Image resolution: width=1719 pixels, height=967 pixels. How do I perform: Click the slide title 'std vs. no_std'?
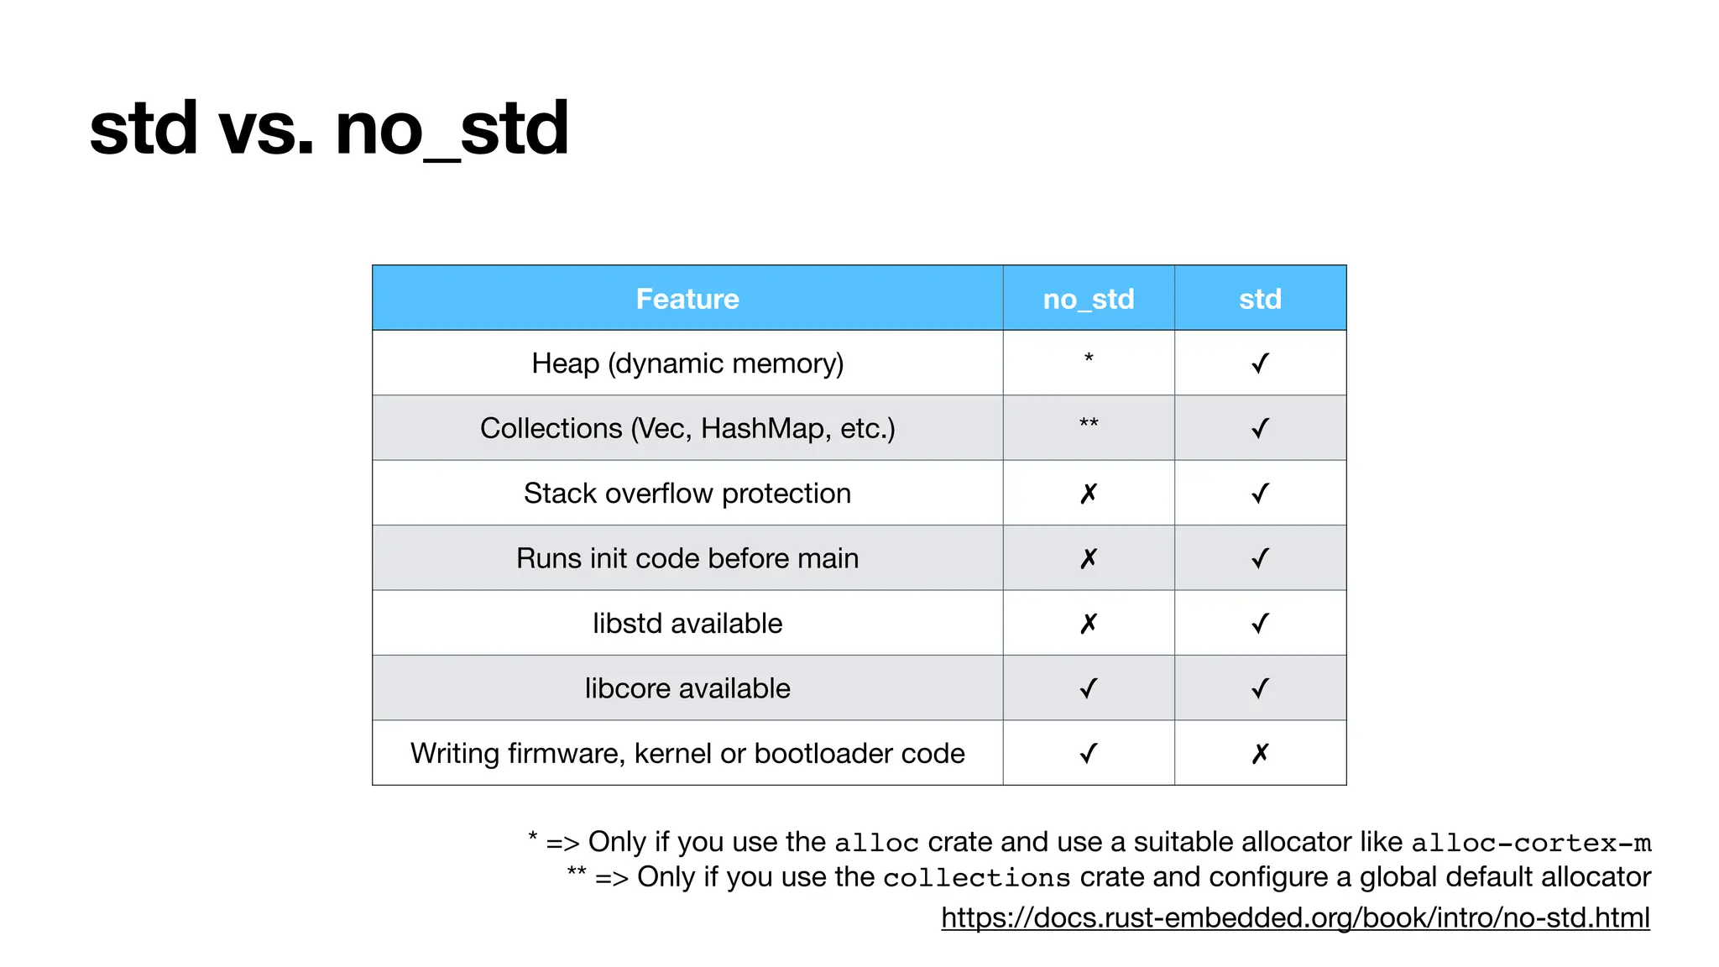pos(329,128)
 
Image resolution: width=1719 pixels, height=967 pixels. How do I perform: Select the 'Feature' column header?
pos(687,299)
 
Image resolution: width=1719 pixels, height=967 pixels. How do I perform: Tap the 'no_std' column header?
pos(1088,299)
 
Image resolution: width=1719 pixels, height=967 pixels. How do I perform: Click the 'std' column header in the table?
pos(1260,299)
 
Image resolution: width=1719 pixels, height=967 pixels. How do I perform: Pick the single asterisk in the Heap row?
pos(1089,358)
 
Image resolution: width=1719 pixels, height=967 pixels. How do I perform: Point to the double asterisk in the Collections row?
pos(1089,423)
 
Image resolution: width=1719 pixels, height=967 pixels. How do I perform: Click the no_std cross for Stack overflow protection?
pos(1089,494)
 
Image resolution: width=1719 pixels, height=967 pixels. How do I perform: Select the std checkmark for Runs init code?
pos(1260,558)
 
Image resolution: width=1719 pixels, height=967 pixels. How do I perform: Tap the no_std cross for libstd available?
pos(1089,624)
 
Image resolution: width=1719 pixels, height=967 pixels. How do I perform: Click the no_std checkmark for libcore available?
pos(1089,688)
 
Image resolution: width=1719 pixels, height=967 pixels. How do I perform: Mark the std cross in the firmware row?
pos(1260,754)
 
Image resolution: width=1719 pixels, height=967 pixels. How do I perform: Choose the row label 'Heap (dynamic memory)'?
pos(687,363)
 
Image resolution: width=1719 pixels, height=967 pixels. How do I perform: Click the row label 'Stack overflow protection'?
pos(687,494)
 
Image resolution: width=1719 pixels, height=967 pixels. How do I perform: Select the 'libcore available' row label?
pos(687,688)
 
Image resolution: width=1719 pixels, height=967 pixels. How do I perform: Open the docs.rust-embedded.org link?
pos(1295,917)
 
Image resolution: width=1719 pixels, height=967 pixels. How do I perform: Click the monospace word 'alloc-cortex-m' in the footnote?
pos(1531,843)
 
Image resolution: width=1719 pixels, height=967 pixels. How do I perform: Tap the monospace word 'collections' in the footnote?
pos(976,878)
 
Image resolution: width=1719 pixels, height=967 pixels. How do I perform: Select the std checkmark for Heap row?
pos(1260,363)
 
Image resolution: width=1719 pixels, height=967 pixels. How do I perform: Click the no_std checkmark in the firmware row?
pos(1089,754)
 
